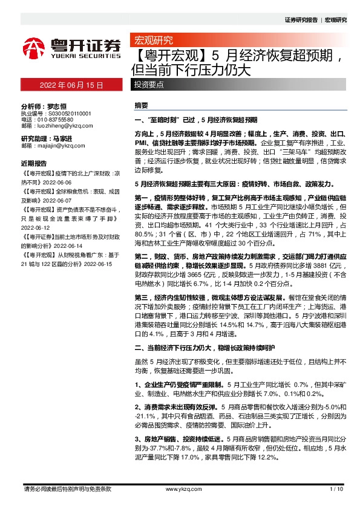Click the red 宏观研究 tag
click(x=152, y=41)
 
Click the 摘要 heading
click(x=140, y=105)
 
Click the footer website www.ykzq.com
click(x=180, y=489)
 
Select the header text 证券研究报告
click(x=301, y=20)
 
